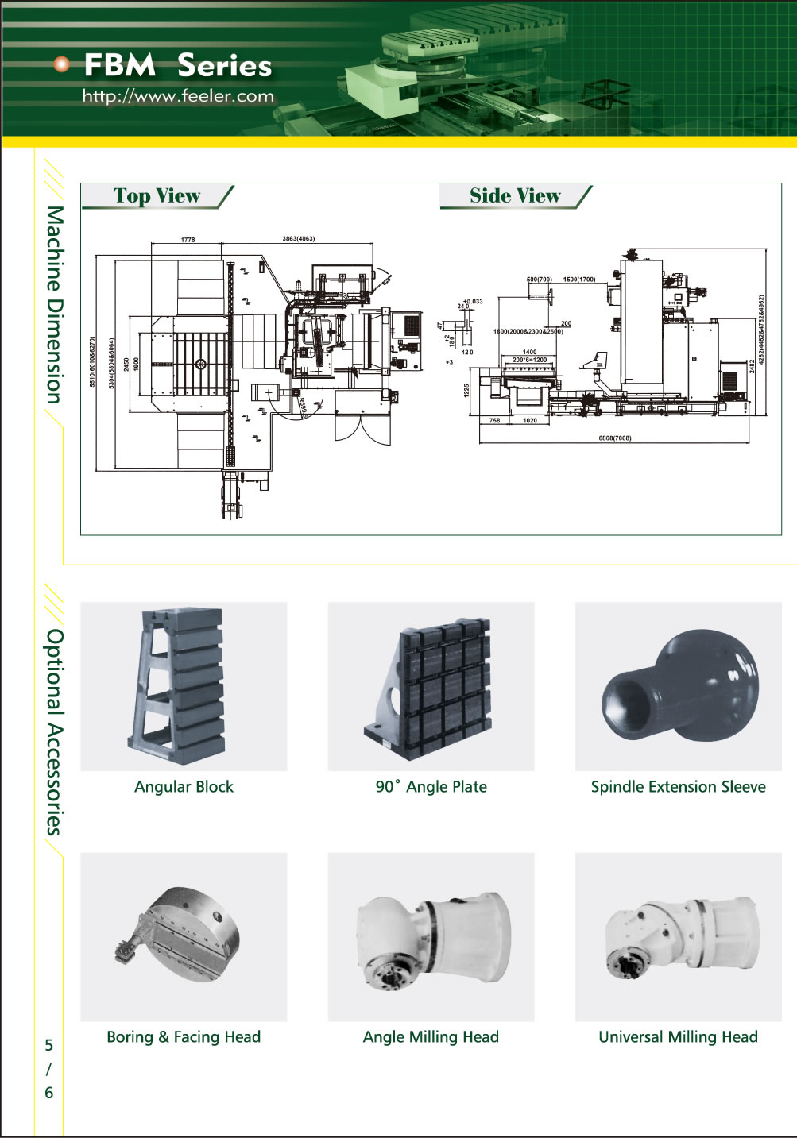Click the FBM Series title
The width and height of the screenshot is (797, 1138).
click(177, 66)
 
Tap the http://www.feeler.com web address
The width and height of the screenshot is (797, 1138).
click(178, 97)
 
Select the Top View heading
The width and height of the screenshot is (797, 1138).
click(157, 196)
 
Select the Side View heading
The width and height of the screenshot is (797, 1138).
click(515, 196)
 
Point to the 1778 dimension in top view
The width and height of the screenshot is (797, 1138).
click(188, 239)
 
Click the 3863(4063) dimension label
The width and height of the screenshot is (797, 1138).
click(298, 238)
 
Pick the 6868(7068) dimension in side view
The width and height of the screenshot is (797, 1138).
click(614, 438)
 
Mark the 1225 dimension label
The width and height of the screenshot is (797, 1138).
click(467, 390)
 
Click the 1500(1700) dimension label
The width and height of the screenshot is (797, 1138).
click(578, 280)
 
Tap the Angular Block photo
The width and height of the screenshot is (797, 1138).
click(184, 686)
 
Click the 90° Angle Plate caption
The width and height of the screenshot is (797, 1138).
click(431, 787)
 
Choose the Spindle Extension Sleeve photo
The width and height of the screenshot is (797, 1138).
click(678, 686)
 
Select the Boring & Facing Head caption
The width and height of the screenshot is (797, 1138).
click(184, 1037)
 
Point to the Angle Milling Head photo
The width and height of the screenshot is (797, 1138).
click(431, 936)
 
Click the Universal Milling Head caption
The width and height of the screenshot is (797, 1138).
click(678, 1037)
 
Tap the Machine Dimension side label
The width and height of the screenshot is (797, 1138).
click(53, 305)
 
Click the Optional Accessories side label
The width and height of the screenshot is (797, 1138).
click(53, 731)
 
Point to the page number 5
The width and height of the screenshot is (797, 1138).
click(48, 1045)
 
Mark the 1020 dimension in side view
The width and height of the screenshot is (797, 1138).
click(530, 421)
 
